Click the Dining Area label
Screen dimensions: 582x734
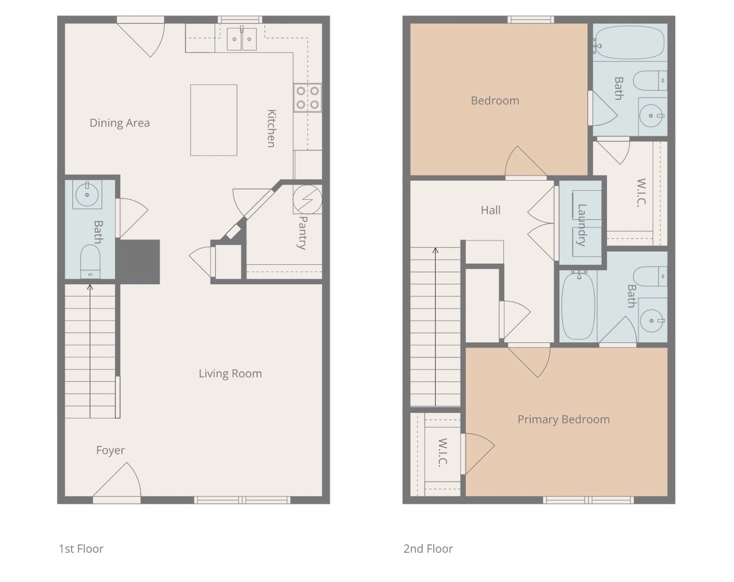(119, 123)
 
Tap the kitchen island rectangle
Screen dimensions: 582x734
(213, 120)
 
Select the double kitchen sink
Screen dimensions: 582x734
(241, 39)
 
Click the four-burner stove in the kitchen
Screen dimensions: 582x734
(307, 97)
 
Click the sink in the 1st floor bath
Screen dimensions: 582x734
(87, 194)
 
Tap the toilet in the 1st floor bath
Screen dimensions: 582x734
(90, 261)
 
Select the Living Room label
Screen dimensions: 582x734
(230, 374)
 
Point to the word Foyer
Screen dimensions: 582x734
(110, 450)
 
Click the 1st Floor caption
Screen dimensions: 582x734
(81, 549)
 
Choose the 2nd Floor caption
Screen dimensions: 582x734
(428, 549)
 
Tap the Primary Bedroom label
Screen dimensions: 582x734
(563, 419)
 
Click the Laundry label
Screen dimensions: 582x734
(581, 224)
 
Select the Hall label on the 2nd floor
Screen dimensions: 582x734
(490, 210)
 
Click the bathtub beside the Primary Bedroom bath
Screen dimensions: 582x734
(578, 306)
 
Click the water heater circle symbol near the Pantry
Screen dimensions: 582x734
(307, 199)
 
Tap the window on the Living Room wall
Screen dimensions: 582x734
(242, 500)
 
